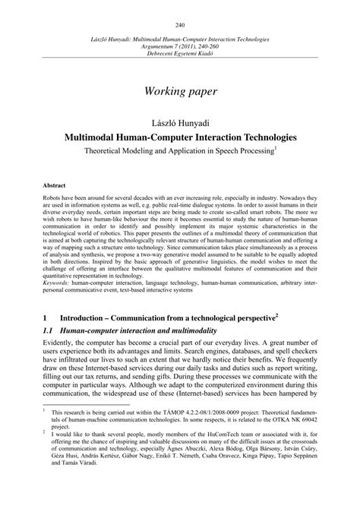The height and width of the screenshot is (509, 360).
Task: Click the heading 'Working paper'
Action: click(179, 91)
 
